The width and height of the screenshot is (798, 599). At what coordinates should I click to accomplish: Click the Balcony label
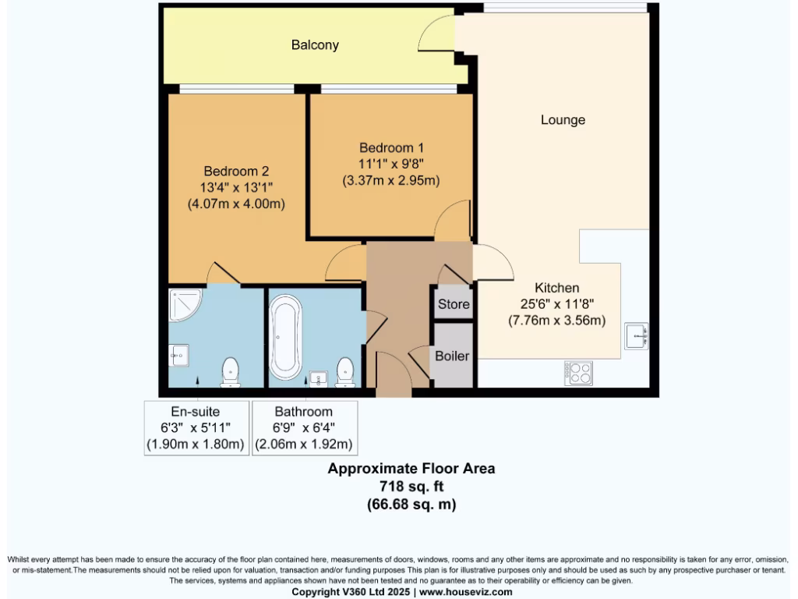pos(315,45)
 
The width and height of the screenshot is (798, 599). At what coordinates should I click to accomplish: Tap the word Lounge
pos(563,120)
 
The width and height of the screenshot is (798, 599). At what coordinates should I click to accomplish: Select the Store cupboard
pos(454,303)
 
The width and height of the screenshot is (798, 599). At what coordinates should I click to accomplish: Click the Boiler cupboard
pos(452,356)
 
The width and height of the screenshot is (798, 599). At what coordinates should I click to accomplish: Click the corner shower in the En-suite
pos(185,306)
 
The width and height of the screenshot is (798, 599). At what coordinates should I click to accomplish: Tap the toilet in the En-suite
pos(231,372)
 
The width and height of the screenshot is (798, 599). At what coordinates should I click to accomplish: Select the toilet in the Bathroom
pos(344,372)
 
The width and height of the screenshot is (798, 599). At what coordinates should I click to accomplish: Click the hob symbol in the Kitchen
pos(578,373)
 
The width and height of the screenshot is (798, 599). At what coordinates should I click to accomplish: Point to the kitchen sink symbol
pos(636,337)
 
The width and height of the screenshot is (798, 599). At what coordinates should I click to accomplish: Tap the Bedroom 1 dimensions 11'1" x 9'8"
pos(391,164)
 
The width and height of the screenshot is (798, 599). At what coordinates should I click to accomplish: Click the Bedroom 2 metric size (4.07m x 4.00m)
pos(235,204)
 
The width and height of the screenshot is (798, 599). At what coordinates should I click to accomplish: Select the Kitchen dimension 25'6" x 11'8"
pos(556,304)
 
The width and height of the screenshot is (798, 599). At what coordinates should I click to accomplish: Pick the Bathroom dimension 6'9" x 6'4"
pos(303,428)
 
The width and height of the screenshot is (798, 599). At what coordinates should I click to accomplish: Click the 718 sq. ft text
pos(411,487)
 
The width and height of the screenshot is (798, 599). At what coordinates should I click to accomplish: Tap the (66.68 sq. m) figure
pos(411,505)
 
